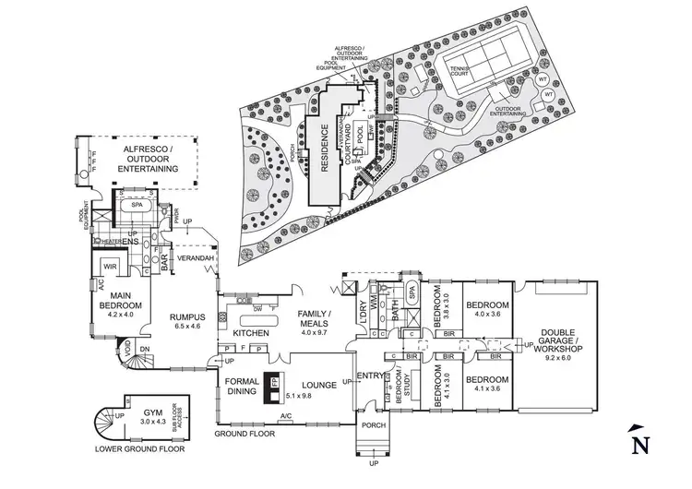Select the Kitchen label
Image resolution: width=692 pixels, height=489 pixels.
(x=249, y=332)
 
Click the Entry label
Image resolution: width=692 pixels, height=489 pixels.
(x=366, y=376)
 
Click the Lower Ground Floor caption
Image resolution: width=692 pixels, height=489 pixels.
(x=138, y=449)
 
